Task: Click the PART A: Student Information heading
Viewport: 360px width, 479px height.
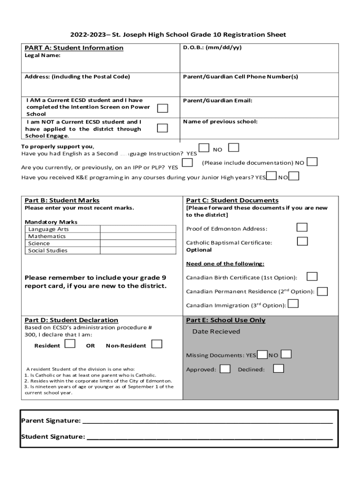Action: coord(74,48)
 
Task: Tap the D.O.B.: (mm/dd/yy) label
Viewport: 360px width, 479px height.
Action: coord(212,48)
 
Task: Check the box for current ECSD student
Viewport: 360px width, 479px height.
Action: coord(162,109)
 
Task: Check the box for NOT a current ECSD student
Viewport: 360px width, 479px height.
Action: coord(162,128)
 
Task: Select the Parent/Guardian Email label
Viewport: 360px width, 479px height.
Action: coord(217,101)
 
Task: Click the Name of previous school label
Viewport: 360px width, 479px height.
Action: coord(220,122)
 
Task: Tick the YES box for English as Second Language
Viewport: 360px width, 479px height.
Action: coord(203,148)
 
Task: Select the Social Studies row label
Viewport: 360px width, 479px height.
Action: coord(48,250)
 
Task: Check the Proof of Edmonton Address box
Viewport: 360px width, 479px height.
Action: coord(302,227)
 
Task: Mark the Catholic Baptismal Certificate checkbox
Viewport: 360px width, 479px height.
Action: coord(302,241)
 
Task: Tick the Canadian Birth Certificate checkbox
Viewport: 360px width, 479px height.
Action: coord(312,276)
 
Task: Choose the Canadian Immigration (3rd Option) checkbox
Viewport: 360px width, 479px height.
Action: coord(293,304)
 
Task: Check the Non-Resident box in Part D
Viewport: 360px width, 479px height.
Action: coord(157,344)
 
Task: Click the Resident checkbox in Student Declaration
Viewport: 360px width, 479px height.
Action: coord(70,344)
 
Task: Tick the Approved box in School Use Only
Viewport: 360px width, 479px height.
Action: coord(225,369)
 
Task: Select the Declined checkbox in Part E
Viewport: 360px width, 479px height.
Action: coord(278,369)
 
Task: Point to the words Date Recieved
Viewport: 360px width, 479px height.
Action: coord(216,332)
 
